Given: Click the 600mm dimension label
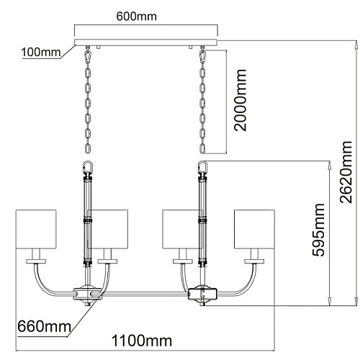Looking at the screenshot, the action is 136,17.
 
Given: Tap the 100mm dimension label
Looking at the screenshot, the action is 41,52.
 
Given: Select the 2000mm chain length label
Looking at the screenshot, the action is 240,100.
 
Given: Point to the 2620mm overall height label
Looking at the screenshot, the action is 346,172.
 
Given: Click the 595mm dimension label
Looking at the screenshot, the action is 319,230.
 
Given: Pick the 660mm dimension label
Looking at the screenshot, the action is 44,326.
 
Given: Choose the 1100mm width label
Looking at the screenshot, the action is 142,341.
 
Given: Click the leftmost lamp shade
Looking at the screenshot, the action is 36,230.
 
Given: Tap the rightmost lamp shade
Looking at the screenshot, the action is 254,230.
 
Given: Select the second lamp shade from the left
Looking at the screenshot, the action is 107,230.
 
